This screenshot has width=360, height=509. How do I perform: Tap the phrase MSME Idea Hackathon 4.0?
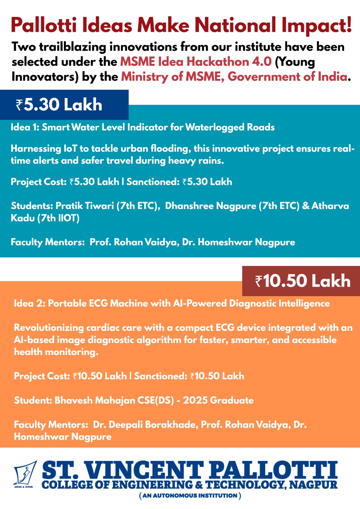coord(196,62)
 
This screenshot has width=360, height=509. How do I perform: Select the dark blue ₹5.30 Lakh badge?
coord(64,105)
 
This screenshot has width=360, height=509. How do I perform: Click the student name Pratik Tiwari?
coord(85,206)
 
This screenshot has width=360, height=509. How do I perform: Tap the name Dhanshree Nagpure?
coord(210,206)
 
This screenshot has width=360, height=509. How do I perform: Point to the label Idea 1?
coord(25,127)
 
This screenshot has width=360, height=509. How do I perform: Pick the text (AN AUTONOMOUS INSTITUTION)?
coord(190,496)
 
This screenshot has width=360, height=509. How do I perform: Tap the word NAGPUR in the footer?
coord(314,485)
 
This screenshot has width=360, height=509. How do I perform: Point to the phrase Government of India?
coord(287,77)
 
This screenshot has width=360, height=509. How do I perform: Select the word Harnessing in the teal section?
coord(36,149)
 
